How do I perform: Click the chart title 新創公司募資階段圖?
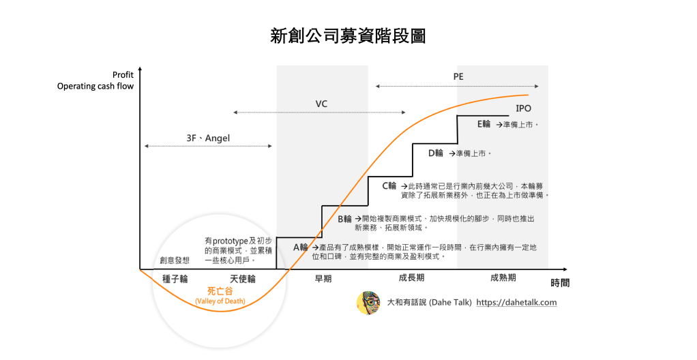(x=348, y=36)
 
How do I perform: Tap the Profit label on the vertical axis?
(x=123, y=75)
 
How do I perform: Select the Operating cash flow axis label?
(x=95, y=86)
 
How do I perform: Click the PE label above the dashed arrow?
(x=458, y=77)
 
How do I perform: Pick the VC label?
(x=321, y=104)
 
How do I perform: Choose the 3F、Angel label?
(x=208, y=138)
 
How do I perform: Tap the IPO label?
(x=523, y=108)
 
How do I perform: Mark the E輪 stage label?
(x=484, y=124)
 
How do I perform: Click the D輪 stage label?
(x=436, y=153)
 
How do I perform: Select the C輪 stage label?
(x=389, y=185)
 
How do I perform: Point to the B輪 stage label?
(x=345, y=219)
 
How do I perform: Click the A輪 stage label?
(x=301, y=247)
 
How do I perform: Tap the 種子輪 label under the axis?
(x=175, y=278)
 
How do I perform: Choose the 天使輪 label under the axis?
(x=242, y=278)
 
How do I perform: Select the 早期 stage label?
(x=323, y=278)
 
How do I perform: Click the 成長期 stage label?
(x=411, y=278)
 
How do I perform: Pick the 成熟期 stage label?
(x=503, y=278)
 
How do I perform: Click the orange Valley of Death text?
(x=220, y=301)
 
